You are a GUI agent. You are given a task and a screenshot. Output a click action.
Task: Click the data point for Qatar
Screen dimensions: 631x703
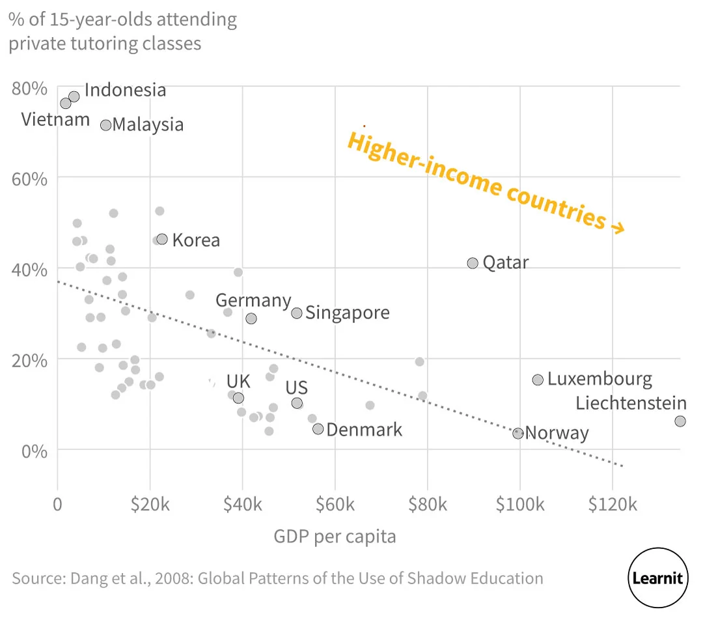(473, 263)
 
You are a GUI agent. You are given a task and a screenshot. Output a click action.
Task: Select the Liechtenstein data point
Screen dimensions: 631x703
(680, 421)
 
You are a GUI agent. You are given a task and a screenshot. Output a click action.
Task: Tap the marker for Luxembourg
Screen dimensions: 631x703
(538, 380)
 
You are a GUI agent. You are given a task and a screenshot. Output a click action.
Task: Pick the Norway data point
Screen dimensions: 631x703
(518, 433)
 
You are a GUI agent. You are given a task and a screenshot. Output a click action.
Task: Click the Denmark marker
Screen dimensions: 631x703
(318, 428)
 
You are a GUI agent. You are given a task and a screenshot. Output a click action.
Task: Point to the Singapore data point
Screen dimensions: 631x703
(297, 313)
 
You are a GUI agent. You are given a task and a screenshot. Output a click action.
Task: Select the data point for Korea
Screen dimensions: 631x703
(162, 239)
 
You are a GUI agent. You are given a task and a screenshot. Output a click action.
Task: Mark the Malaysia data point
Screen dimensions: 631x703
(105, 124)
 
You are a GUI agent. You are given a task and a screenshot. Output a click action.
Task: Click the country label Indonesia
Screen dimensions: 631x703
(126, 90)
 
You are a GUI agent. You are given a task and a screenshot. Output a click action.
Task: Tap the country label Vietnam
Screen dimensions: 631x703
(55, 120)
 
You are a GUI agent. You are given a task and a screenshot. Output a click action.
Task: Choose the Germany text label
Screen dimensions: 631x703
(253, 300)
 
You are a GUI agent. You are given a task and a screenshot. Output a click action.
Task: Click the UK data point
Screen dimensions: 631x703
(238, 398)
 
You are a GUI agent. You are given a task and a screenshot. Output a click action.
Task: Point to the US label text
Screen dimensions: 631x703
(297, 389)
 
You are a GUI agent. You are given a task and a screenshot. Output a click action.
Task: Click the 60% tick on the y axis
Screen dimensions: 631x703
(30, 178)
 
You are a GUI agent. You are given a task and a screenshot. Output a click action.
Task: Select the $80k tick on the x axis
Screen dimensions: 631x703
(427, 503)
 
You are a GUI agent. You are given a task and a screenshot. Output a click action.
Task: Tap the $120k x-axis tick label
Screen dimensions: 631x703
(612, 503)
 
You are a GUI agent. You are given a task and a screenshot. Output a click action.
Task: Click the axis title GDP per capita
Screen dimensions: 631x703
(335, 537)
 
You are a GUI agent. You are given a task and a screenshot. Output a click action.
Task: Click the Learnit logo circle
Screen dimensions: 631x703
(658, 578)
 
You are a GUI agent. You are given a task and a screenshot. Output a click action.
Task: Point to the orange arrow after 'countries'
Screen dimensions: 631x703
(616, 227)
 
